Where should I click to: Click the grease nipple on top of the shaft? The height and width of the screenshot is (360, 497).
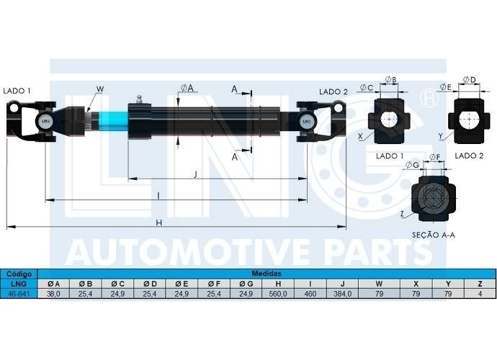[139, 99]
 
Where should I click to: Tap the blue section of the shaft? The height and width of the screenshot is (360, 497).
[113, 121]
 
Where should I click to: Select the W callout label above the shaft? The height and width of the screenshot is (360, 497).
[100, 89]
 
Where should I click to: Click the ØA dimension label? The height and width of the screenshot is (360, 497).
[187, 88]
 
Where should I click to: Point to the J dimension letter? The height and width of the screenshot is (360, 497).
[196, 174]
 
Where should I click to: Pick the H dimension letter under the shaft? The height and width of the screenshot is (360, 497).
[158, 223]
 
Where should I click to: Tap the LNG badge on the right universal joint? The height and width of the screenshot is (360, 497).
[307, 121]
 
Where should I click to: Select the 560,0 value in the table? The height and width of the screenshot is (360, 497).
[277, 294]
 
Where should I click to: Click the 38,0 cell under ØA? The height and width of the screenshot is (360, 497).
[53, 294]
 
